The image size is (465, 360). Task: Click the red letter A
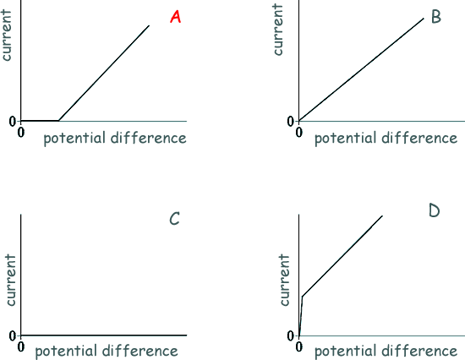(176, 17)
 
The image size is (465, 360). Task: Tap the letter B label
(436, 17)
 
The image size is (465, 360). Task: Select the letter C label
(175, 219)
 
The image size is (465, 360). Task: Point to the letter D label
(435, 210)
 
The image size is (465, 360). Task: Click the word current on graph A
(7, 35)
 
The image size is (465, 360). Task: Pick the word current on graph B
(278, 30)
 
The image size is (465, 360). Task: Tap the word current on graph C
(10, 280)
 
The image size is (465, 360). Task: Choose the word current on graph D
(284, 280)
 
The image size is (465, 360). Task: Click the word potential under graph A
(74, 139)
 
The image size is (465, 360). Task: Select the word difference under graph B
(419, 139)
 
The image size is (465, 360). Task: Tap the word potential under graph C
(66, 351)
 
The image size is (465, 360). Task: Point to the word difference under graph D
(419, 351)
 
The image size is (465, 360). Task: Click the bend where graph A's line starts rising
(58, 121)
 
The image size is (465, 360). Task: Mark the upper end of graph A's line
(149, 26)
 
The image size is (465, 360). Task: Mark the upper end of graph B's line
(424, 19)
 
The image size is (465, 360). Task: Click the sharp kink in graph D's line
(302, 296)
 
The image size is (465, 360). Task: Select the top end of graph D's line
(382, 215)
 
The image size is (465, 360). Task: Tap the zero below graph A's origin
(21, 133)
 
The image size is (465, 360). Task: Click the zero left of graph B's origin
(290, 122)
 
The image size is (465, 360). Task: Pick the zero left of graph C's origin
(12, 335)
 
